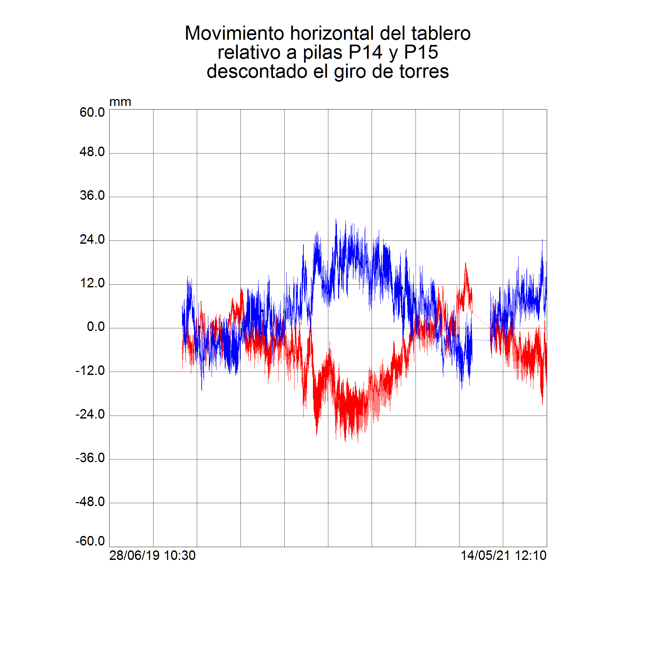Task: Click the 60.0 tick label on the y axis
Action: pyautogui.click(x=92, y=113)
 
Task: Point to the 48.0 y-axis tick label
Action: pyautogui.click(x=92, y=152)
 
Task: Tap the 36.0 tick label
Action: pyautogui.click(x=92, y=195)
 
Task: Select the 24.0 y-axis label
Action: pyautogui.click(x=92, y=240)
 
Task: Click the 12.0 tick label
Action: pyautogui.click(x=92, y=283)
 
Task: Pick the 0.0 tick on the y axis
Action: pyautogui.click(x=96, y=327)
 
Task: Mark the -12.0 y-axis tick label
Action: pyautogui.click(x=90, y=370)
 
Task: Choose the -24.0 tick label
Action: pyautogui.click(x=90, y=414)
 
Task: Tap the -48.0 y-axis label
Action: pyautogui.click(x=90, y=502)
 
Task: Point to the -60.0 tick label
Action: pyautogui.click(x=90, y=541)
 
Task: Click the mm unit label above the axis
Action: pyautogui.click(x=120, y=102)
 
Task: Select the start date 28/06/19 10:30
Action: pyautogui.click(x=153, y=556)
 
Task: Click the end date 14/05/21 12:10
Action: pyautogui.click(x=503, y=556)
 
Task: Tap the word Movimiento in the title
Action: pyautogui.click(x=234, y=33)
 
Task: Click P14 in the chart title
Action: pyautogui.click(x=365, y=52)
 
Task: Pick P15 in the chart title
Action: pyautogui.click(x=421, y=52)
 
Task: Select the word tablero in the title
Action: pyautogui.click(x=441, y=33)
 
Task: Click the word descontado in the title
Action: pyautogui.click(x=257, y=72)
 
